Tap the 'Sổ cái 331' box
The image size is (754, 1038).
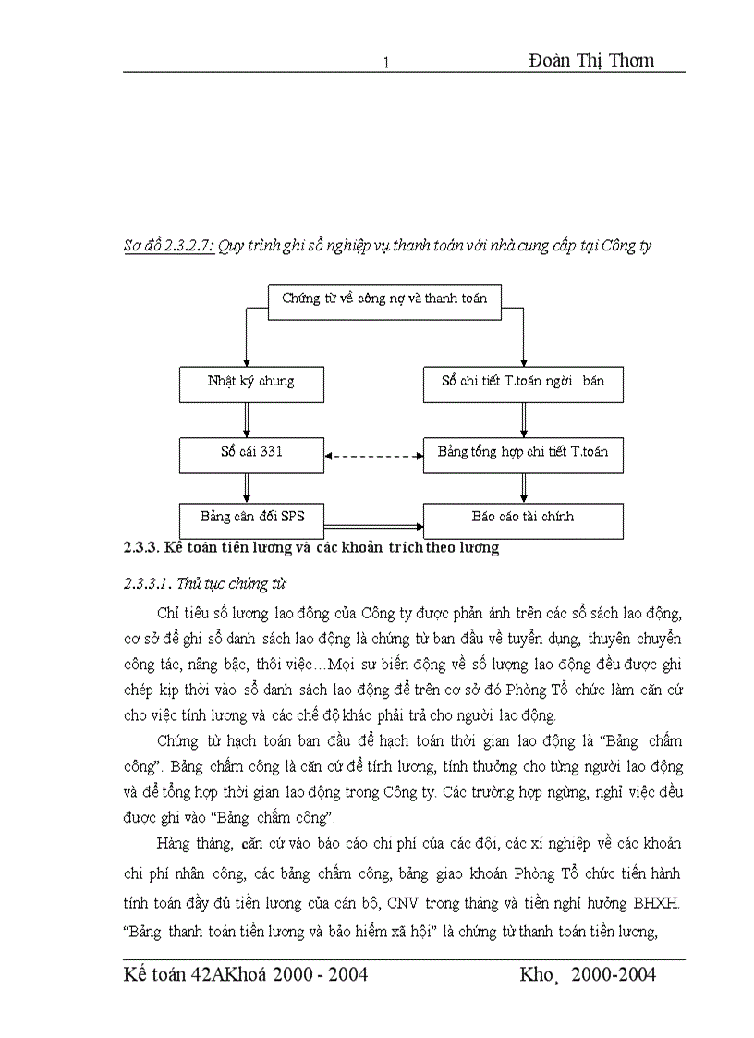coord(251,455)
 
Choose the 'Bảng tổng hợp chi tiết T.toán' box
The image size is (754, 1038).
coord(523,455)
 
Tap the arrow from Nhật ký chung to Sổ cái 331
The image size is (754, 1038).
coord(247,419)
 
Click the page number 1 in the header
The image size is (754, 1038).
coord(387,63)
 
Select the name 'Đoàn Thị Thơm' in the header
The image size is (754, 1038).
coord(591,60)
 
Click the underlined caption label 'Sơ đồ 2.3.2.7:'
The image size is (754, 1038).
coord(169,247)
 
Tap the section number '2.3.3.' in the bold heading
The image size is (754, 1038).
coord(141,547)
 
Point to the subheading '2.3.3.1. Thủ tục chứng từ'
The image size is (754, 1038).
coord(203,583)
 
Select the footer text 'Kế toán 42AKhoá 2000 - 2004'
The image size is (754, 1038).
coord(246,974)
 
